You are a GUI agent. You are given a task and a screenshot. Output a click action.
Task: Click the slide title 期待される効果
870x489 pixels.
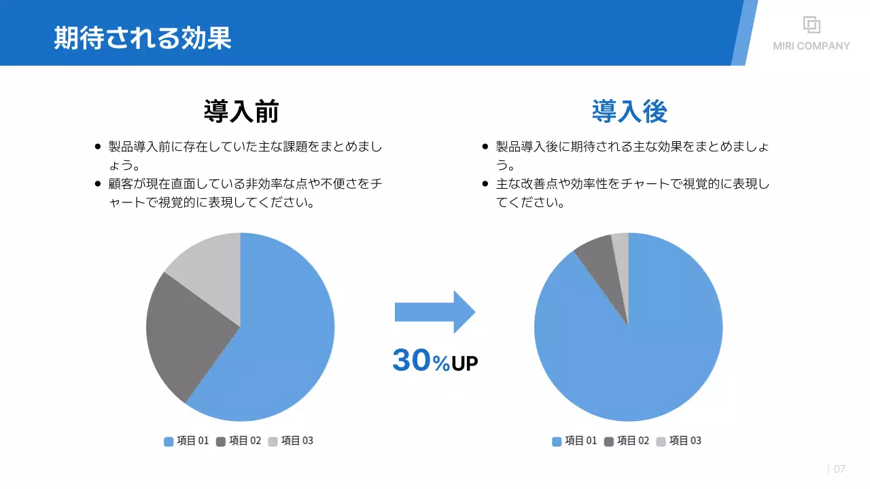pyautogui.click(x=143, y=38)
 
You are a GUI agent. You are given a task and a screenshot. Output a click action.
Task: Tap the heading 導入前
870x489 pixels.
pyautogui.click(x=241, y=111)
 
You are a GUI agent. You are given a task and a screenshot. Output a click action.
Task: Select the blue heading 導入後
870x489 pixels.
pyautogui.click(x=629, y=111)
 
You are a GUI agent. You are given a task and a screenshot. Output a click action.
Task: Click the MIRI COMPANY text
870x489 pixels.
pyautogui.click(x=811, y=46)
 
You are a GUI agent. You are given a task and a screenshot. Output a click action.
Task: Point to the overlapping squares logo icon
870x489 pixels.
pyautogui.click(x=812, y=24)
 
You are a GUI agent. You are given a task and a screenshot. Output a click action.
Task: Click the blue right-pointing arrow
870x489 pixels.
pyautogui.click(x=435, y=312)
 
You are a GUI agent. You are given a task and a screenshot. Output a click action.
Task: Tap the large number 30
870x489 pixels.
pyautogui.click(x=411, y=361)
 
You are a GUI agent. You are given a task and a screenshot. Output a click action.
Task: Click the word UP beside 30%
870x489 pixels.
pyautogui.click(x=465, y=364)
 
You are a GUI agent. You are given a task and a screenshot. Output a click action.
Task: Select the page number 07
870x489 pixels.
pyautogui.click(x=839, y=469)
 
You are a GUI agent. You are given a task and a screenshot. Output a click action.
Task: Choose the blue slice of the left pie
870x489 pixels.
pyautogui.click(x=285, y=333)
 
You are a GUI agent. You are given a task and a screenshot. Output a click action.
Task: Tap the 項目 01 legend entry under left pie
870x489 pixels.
pyautogui.click(x=187, y=441)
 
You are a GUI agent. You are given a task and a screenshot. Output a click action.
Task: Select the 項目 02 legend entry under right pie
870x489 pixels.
pyautogui.click(x=627, y=441)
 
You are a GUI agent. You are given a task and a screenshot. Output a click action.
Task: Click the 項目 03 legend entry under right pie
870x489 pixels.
pyautogui.click(x=679, y=441)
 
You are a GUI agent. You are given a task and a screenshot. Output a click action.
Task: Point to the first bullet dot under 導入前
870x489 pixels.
pyautogui.click(x=98, y=147)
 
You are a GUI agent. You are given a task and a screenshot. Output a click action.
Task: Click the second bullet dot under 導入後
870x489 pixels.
pyautogui.click(x=485, y=183)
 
